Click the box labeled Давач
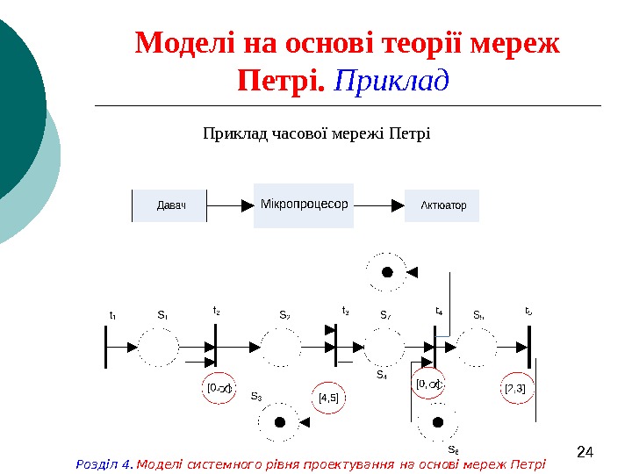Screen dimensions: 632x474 coord(170,205)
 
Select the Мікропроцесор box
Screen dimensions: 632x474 coord(303,205)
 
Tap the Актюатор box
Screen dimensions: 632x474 coord(442,205)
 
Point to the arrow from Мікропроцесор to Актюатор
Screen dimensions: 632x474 coord(378,205)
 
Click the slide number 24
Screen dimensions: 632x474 coord(585,453)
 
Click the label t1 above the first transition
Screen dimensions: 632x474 coord(112,314)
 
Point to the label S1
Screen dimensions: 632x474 coord(162,314)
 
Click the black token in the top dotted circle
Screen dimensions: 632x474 coord(386,272)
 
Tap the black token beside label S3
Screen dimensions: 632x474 coord(280,422)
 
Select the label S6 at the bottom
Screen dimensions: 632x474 coord(453,450)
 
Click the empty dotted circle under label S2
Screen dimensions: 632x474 coord(279,347)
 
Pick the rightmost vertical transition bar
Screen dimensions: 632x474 coord(529,347)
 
